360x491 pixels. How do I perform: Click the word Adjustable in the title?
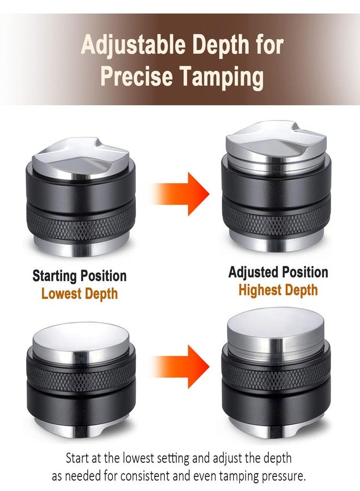(x=133, y=45)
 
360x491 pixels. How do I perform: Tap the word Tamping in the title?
(x=221, y=77)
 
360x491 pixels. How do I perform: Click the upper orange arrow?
(x=181, y=194)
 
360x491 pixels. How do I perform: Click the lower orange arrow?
(x=181, y=367)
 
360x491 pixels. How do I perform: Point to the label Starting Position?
(x=80, y=276)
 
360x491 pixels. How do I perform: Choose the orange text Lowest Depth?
(x=80, y=294)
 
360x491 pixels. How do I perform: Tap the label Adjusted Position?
(x=278, y=272)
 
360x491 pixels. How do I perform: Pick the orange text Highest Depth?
(x=278, y=290)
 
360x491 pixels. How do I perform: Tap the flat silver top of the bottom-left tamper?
(x=81, y=340)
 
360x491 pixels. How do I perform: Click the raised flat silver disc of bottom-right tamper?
(x=275, y=332)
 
